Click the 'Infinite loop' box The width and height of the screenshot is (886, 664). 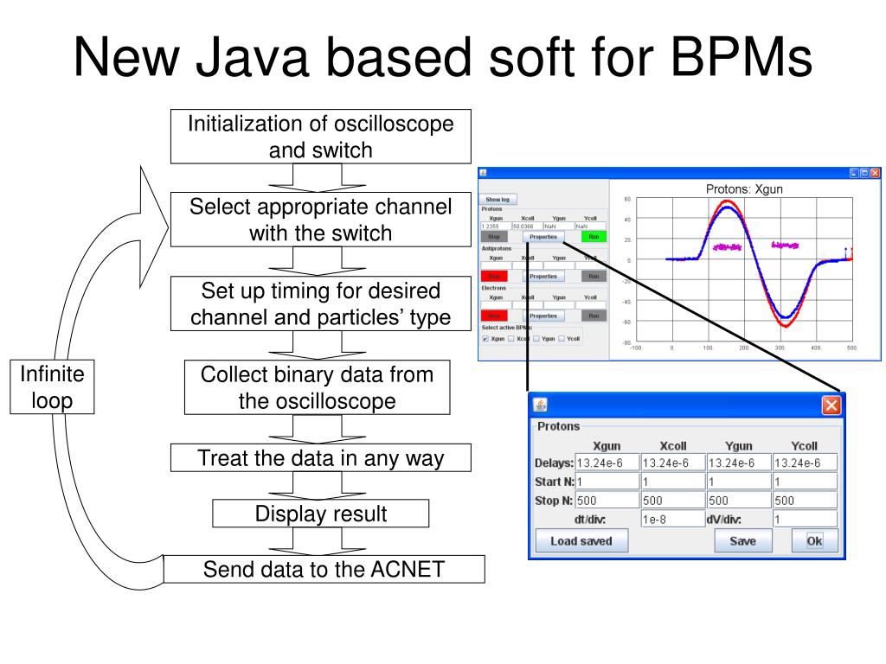click(53, 386)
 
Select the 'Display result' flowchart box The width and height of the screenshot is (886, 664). click(320, 514)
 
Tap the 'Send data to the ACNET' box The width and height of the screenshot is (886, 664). click(324, 569)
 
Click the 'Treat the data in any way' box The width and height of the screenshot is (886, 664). click(320, 457)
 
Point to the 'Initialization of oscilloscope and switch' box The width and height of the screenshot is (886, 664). click(320, 137)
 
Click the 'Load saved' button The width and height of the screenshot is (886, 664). click(580, 541)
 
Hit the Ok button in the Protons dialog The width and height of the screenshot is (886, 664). click(814, 541)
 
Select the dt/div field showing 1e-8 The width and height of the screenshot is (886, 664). click(671, 520)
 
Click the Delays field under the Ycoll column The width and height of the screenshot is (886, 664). click(805, 463)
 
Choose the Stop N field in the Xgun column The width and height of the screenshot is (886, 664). click(607, 501)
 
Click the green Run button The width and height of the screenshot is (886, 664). click(594, 236)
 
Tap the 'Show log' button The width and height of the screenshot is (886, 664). click(498, 199)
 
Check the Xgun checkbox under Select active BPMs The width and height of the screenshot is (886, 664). click(485, 339)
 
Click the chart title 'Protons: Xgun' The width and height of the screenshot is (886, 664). click(744, 189)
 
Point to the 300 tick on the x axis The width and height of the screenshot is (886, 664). click(780, 348)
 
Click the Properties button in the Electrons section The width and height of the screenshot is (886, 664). click(543, 316)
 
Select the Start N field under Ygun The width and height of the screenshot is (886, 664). click(738, 482)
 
